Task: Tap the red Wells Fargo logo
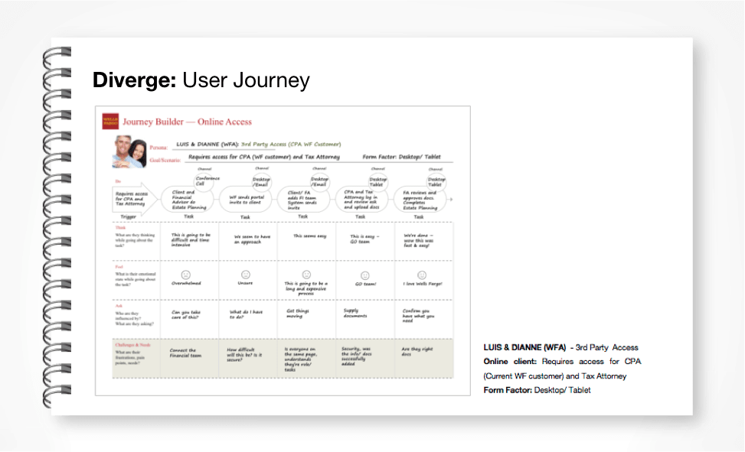[x=110, y=121]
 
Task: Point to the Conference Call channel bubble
[x=204, y=181]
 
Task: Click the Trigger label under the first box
[x=129, y=216]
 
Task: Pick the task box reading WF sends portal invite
[x=246, y=200]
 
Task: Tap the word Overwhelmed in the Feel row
[x=186, y=282]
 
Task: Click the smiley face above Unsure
[x=246, y=274]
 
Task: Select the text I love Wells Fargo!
[x=422, y=284]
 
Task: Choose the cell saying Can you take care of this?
[x=186, y=314]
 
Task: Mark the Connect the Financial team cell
[x=184, y=353]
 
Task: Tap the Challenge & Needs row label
[x=126, y=345]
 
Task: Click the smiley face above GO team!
[x=364, y=275]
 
